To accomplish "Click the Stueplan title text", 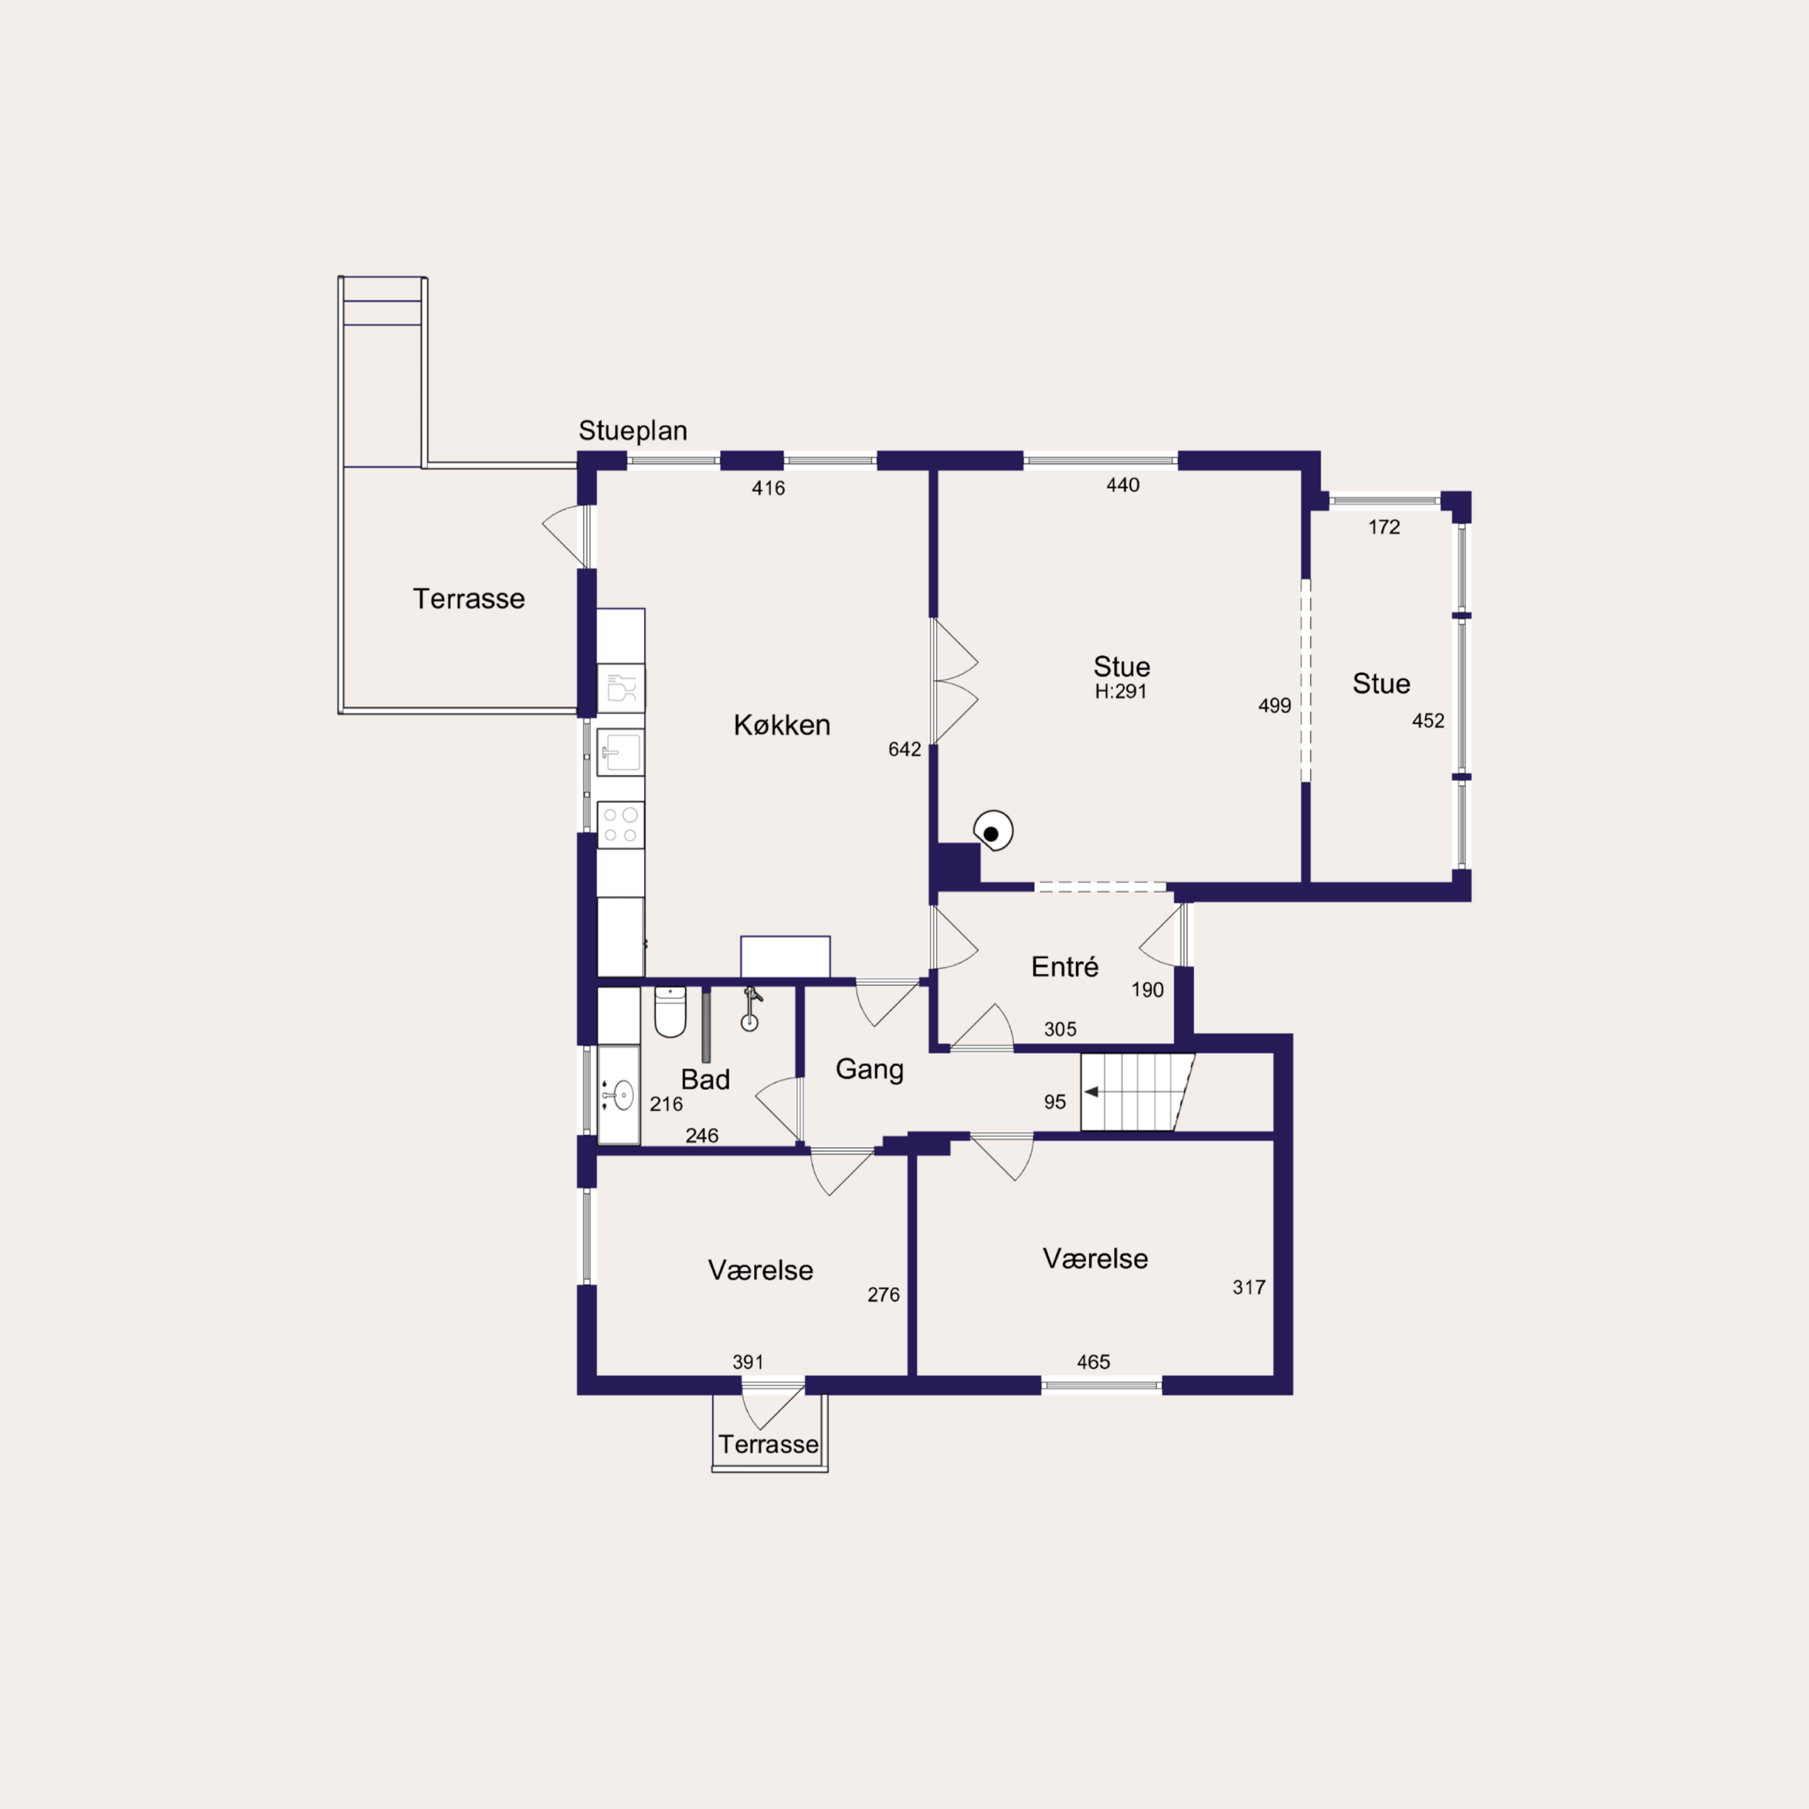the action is (633, 431).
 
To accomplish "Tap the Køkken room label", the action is (782, 725).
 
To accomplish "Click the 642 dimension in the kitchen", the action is (904, 749).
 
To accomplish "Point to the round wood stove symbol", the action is (994, 831).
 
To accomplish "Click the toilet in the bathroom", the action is (671, 1011).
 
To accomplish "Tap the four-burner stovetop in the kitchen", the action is (621, 825).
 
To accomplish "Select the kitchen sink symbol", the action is (621, 752).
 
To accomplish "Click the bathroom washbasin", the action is (619, 1094).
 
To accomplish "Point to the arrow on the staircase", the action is (1092, 1092).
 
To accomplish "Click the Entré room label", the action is (1065, 966).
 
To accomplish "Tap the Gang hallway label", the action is (870, 1069).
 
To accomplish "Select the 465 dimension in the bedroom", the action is (1094, 1362).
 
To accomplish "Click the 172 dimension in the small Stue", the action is (1384, 527).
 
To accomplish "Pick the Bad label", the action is (705, 1080).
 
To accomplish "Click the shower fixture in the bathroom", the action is (751, 1010).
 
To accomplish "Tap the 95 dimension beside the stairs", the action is (1055, 1102).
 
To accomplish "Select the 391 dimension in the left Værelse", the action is (748, 1362).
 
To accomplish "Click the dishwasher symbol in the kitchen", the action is (621, 688).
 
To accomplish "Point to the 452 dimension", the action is (1428, 721).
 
